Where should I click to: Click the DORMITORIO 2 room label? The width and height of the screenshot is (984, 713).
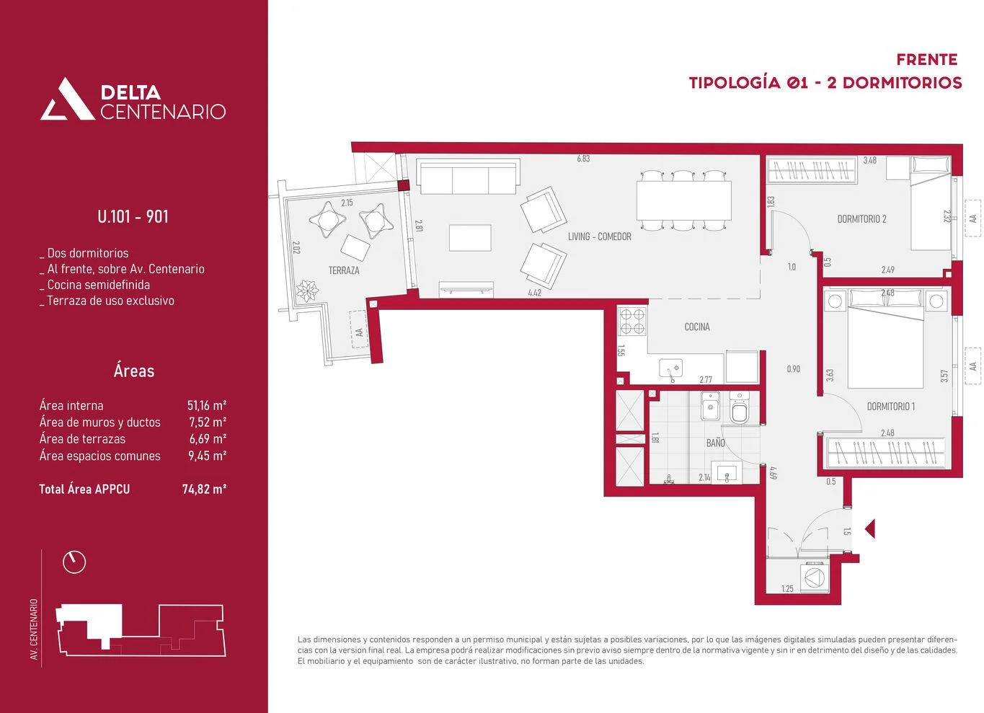[861, 218]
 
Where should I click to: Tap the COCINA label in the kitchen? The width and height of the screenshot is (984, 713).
[696, 327]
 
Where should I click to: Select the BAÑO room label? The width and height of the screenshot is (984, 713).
[716, 443]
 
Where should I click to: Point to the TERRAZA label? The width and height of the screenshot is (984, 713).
[344, 270]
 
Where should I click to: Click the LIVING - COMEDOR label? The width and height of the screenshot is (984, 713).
[600, 236]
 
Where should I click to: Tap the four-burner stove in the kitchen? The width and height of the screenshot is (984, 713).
[631, 321]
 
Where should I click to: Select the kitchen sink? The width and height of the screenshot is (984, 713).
[671, 369]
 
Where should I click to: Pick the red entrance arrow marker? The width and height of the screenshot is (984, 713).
[870, 529]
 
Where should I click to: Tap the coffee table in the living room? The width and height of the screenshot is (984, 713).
[470, 238]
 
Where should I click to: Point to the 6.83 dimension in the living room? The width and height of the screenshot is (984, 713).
[583, 159]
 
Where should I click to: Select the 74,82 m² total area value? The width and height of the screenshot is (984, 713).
[204, 489]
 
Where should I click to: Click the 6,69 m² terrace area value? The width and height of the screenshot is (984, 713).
[208, 438]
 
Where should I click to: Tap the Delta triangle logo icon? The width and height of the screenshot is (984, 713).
[68, 99]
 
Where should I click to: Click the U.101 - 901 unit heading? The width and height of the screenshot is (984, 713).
[133, 216]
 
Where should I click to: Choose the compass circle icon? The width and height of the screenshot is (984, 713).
[74, 562]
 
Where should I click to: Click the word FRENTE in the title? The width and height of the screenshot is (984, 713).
[927, 60]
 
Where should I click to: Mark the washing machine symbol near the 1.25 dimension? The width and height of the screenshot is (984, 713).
[815, 577]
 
